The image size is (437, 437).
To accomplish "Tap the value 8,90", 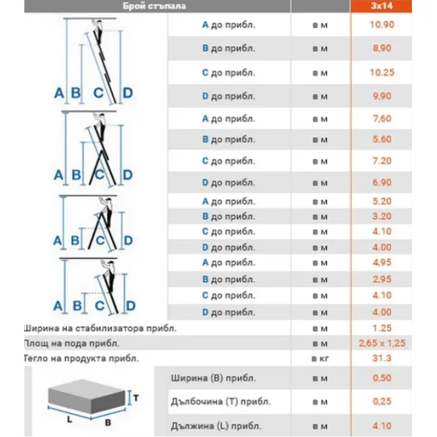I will coord(381,49).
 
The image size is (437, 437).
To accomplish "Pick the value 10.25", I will coord(381,72).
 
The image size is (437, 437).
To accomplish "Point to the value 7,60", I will coord(381,119).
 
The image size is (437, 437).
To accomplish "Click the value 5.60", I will coord(381,139).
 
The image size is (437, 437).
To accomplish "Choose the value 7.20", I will coord(381,161).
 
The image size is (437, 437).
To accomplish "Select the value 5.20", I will coord(381,201).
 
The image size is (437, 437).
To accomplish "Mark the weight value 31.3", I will coord(381,358).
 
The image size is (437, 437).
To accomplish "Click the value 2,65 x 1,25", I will coord(381,343).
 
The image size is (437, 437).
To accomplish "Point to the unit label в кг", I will coord(320,358).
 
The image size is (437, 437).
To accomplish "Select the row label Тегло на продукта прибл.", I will coord(81,358).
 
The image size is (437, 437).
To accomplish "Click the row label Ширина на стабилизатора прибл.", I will coord(100,328).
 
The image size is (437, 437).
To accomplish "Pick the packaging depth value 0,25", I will coord(381,401).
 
